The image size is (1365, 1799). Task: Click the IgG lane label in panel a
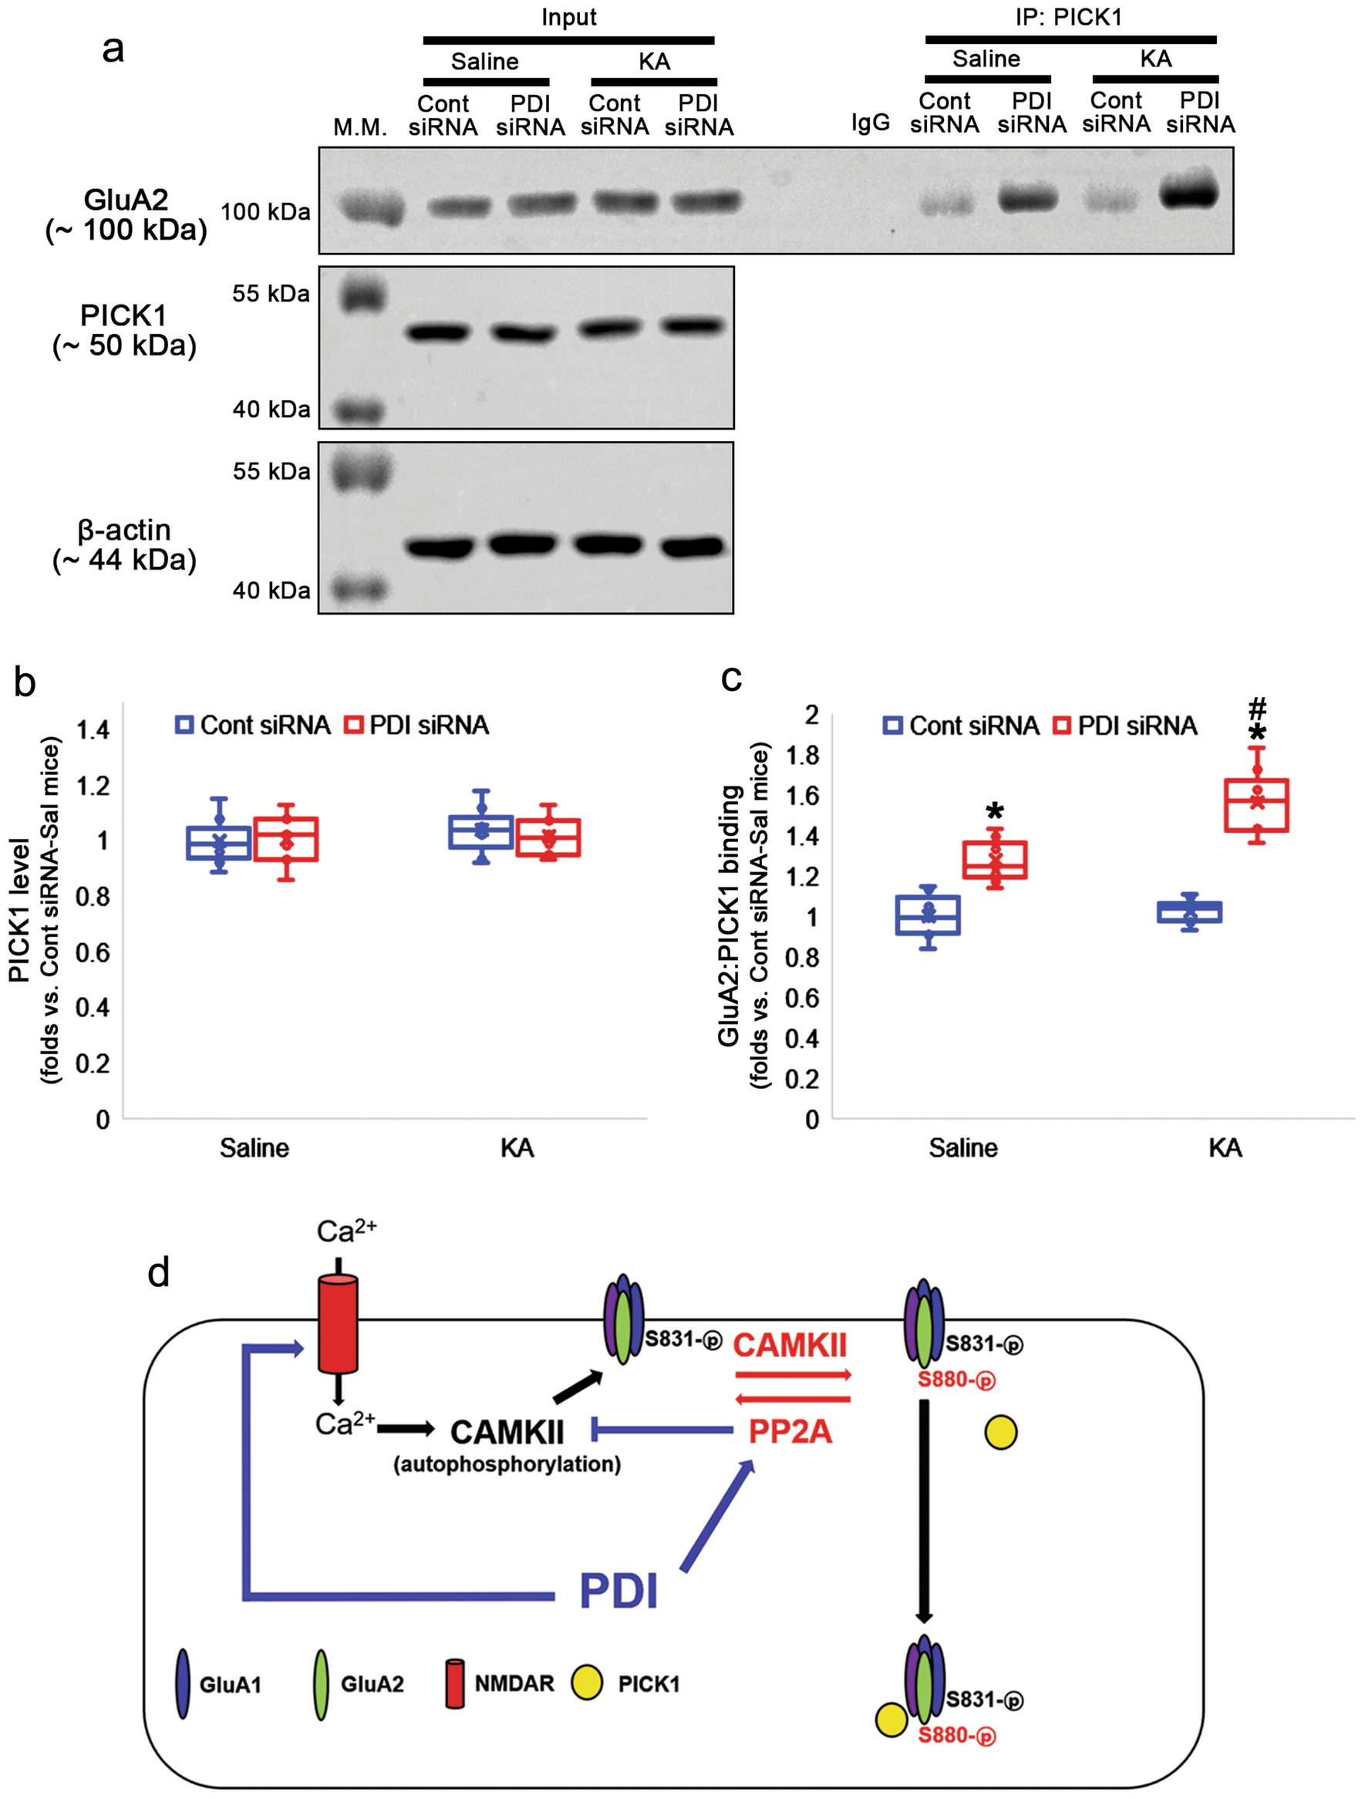(870, 123)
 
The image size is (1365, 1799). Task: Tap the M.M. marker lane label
(359, 127)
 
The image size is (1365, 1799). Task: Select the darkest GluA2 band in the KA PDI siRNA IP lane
(1190, 194)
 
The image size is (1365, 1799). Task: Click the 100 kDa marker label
(265, 212)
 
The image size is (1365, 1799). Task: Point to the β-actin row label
(123, 545)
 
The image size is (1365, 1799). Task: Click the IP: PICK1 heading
(1069, 17)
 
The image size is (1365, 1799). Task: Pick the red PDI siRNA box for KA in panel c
(1256, 805)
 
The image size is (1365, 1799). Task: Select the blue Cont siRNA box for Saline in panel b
(219, 843)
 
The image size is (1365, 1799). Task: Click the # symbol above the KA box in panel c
(1258, 707)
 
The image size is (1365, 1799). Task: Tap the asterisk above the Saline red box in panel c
(995, 811)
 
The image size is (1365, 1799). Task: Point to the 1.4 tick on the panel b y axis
(93, 730)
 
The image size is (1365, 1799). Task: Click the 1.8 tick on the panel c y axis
(802, 756)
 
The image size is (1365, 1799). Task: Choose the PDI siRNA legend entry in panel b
(416, 725)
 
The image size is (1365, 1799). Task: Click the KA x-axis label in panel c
(1225, 1147)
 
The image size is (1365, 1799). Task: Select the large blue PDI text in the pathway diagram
(618, 1590)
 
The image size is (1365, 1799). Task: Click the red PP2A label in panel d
(789, 1431)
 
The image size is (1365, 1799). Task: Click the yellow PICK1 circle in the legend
(587, 1683)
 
